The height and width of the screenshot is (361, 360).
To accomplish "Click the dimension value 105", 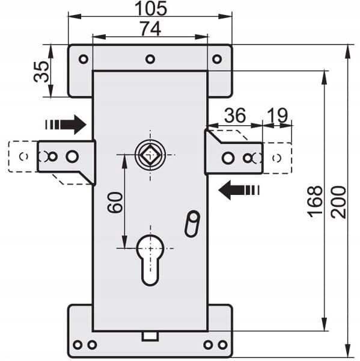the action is click(151, 8).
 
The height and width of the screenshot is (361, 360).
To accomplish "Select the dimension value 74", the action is click(151, 28).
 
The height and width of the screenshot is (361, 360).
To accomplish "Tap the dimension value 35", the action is click(41, 72).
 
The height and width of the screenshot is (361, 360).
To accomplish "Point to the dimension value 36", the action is click(235, 115).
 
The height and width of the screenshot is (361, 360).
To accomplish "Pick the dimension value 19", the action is click(278, 115).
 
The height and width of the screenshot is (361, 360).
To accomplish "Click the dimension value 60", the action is click(115, 202).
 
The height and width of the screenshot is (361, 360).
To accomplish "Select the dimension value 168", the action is click(314, 202).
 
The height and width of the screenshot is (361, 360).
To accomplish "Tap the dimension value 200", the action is click(338, 202).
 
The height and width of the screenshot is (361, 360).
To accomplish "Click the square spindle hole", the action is click(150, 155).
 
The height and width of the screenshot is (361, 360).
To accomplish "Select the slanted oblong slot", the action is click(192, 224).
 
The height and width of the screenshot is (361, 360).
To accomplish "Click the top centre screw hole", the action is click(150, 59).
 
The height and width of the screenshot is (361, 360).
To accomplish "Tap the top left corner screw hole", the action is click(84, 59).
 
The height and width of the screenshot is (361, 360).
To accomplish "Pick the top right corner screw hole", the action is click(217, 59).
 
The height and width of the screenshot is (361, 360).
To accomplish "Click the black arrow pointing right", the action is click(66, 125).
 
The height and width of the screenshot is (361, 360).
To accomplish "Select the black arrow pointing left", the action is click(239, 190).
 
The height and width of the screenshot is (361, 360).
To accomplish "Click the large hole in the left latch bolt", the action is click(72, 156).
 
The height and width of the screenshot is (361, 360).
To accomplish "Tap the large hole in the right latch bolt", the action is click(228, 158).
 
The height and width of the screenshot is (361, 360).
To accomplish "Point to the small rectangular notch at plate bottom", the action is click(150, 336).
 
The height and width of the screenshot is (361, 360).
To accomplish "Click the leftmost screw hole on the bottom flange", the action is click(78, 345).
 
